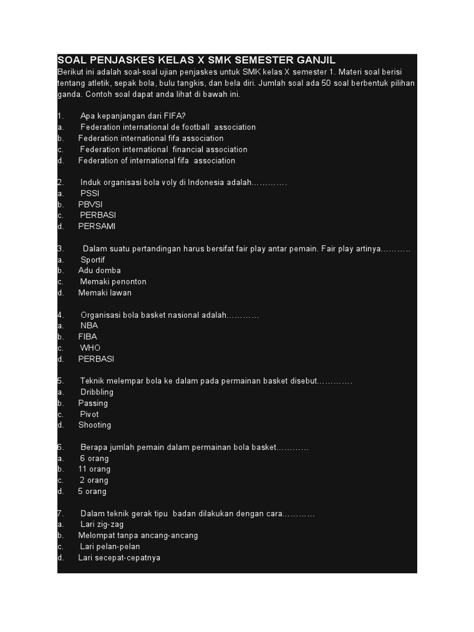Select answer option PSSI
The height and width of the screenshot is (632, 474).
89,193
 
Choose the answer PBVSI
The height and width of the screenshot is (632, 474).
91,204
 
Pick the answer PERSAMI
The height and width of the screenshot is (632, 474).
97,227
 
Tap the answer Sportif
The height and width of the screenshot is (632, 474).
93,260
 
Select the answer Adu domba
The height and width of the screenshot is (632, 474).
99,270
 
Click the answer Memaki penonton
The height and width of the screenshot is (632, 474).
113,281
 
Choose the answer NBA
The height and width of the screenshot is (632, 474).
89,325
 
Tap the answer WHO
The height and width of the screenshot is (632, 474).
90,348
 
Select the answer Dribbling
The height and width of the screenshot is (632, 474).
97,392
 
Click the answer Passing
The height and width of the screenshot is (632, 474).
93,403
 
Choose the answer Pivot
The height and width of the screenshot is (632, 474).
89,414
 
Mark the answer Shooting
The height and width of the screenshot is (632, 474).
95,425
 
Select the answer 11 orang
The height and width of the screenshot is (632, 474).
93,469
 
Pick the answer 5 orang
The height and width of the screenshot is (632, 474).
92,491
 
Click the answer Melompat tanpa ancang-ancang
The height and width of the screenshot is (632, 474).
138,536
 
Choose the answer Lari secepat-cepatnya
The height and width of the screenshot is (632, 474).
119,558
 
